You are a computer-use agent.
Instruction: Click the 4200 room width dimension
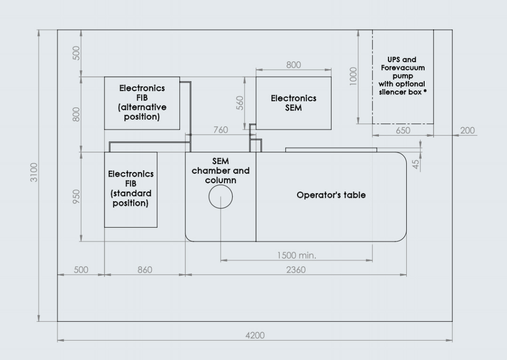pos(255,335)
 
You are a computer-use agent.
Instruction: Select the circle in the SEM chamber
pos(220,196)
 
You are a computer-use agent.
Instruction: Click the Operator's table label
pos(331,195)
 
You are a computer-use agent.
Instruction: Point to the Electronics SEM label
pos(293,103)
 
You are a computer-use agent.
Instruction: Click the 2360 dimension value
pos(296,270)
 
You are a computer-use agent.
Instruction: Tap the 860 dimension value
pos(144,270)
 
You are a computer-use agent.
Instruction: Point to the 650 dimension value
pos(402,131)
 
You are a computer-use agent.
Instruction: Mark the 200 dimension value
pos(467,131)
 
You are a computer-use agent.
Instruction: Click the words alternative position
pos(142,112)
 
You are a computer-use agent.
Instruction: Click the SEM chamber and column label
pos(220,171)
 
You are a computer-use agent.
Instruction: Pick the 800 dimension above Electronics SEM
pos(293,65)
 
